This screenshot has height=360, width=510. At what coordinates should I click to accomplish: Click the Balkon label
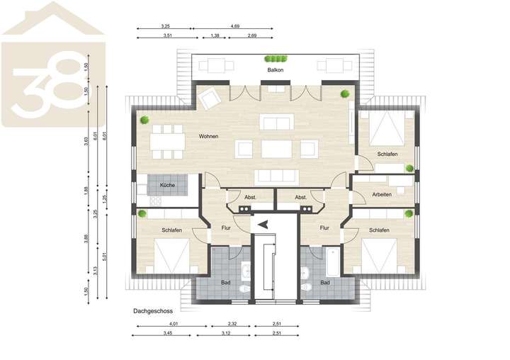click(275, 71)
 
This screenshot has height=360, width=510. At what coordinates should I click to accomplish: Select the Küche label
click(167, 185)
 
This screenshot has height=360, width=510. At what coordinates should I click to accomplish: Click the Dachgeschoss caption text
click(152, 310)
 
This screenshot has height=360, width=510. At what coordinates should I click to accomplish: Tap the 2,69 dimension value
click(252, 35)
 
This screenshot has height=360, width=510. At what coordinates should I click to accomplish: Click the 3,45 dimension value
click(167, 333)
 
